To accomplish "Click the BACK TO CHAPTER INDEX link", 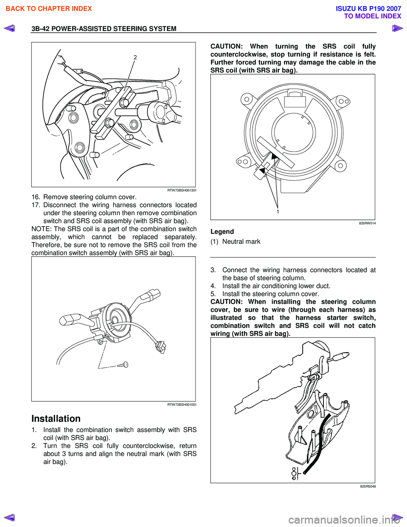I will pyautogui.click(x=49, y=8).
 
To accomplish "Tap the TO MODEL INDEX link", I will pyautogui.click(x=372, y=16).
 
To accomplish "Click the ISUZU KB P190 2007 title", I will pyautogui.click(x=368, y=8).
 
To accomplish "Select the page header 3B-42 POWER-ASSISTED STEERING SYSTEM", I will pyautogui.click(x=104, y=28).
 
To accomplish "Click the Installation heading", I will pyautogui.click(x=56, y=418).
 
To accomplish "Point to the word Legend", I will pyautogui.click(x=222, y=232).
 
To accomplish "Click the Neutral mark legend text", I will pyautogui.click(x=241, y=241).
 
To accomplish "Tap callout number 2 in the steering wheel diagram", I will pyautogui.click(x=135, y=57).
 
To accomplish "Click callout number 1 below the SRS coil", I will pyautogui.click(x=278, y=211).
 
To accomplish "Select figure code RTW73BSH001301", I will pyautogui.click(x=182, y=190).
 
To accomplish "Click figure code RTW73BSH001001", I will pyautogui.click(x=182, y=404).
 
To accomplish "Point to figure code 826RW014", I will pyautogui.click(x=367, y=223).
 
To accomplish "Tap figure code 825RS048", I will pyautogui.click(x=368, y=486).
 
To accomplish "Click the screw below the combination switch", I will pyautogui.click(x=124, y=364).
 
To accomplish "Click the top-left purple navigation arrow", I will pyautogui.click(x=9, y=28).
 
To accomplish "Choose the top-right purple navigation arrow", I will pyautogui.click(x=397, y=28).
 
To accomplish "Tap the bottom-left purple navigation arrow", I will pyautogui.click(x=9, y=517).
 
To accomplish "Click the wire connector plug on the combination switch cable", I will pyautogui.click(x=160, y=346).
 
